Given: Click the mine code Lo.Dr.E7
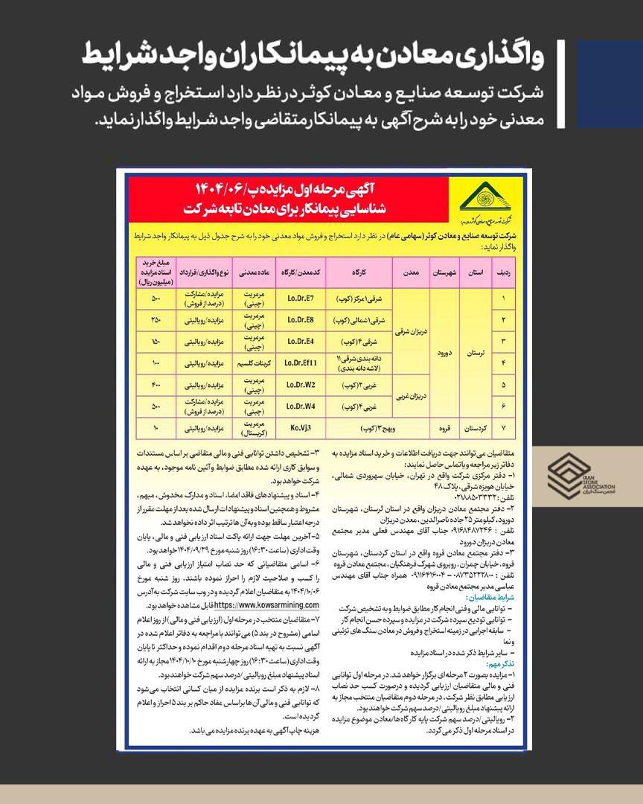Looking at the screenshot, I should (301, 299).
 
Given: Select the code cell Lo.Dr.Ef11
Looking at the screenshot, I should (301, 363).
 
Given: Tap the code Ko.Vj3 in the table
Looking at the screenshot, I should (301, 430).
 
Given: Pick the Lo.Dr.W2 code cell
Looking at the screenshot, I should (301, 386).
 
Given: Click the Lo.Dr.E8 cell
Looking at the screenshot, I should (301, 320).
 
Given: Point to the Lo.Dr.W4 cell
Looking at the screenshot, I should (301, 407).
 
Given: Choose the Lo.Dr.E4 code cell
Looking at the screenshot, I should (301, 342).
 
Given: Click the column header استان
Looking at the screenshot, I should (473, 273).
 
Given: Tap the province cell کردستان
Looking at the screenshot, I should (473, 430).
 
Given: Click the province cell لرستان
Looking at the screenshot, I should (473, 352).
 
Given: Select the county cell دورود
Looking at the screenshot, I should (444, 352).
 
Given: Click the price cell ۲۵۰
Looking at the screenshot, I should (156, 320).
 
